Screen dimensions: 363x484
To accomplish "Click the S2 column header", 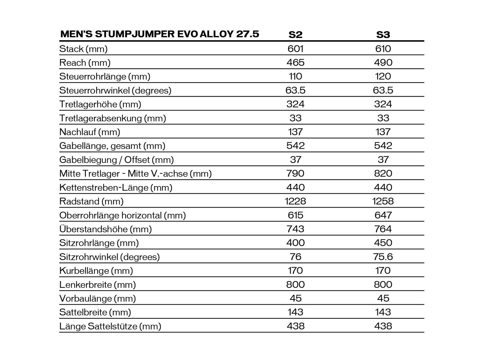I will [295, 34].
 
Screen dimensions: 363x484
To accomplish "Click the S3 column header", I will [383, 34].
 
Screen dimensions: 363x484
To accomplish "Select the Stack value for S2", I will [295, 49].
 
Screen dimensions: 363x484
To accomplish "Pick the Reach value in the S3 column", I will [383, 63].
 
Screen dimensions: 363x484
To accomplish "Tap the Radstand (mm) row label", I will [91, 201].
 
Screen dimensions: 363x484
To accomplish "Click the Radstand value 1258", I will [383, 201].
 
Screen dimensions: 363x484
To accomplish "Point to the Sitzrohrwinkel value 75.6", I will [383, 257].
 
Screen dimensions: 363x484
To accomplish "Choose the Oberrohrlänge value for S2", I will [295, 215].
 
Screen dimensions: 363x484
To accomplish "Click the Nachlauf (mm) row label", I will [90, 132].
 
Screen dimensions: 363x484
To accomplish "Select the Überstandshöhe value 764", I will [383, 229].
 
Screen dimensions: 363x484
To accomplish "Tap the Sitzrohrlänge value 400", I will [295, 243].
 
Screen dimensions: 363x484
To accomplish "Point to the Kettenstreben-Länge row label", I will [116, 188].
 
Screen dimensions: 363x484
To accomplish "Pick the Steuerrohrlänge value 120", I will [383, 76].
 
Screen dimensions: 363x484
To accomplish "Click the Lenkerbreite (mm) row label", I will [97, 285].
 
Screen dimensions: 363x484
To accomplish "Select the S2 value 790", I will [295, 173].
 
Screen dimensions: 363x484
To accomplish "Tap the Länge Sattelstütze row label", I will [110, 326].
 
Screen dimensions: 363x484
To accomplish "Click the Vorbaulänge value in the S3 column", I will [383, 298].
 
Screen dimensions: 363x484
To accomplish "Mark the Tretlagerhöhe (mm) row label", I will [100, 104].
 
